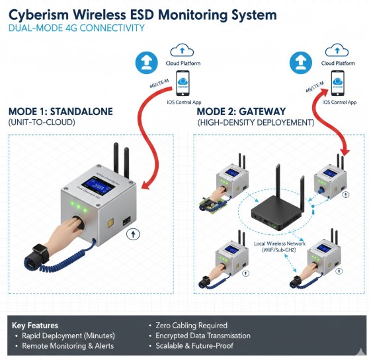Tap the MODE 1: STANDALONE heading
[60, 111]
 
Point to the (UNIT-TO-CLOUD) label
[42, 123]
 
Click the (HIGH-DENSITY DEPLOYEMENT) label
[255, 123]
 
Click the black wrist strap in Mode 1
[31, 254]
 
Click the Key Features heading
[35, 326]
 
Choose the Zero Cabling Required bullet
[191, 326]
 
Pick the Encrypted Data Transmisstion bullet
[204, 336]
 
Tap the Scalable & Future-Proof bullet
[194, 345]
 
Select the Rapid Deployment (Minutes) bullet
[67, 336]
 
